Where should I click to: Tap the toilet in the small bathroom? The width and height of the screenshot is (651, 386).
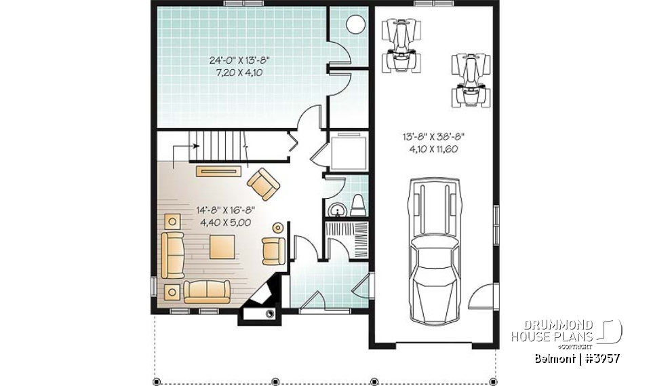[x=359, y=205]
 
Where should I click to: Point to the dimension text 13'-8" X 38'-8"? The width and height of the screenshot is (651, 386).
[x=434, y=136]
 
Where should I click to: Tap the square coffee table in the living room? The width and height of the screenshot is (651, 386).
[x=223, y=246]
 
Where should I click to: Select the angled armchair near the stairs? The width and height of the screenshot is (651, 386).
[x=264, y=184]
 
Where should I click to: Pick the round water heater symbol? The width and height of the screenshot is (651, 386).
[x=355, y=25]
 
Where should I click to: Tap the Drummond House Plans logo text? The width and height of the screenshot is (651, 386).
[x=560, y=330]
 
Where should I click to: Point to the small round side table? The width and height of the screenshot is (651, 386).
[x=277, y=227]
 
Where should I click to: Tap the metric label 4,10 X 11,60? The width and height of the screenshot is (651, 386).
[x=434, y=149]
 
